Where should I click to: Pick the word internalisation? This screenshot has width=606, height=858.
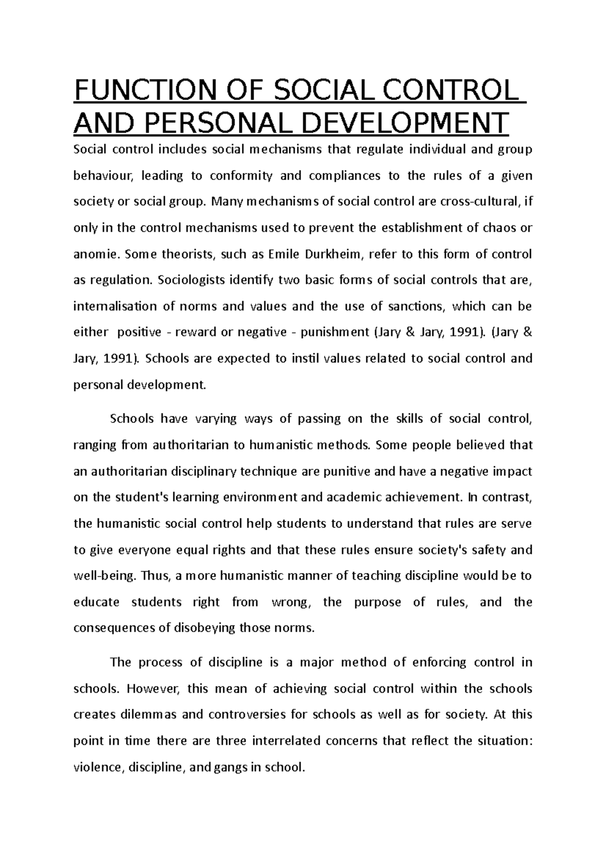click(115, 307)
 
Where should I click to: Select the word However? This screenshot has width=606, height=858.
click(157, 689)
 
